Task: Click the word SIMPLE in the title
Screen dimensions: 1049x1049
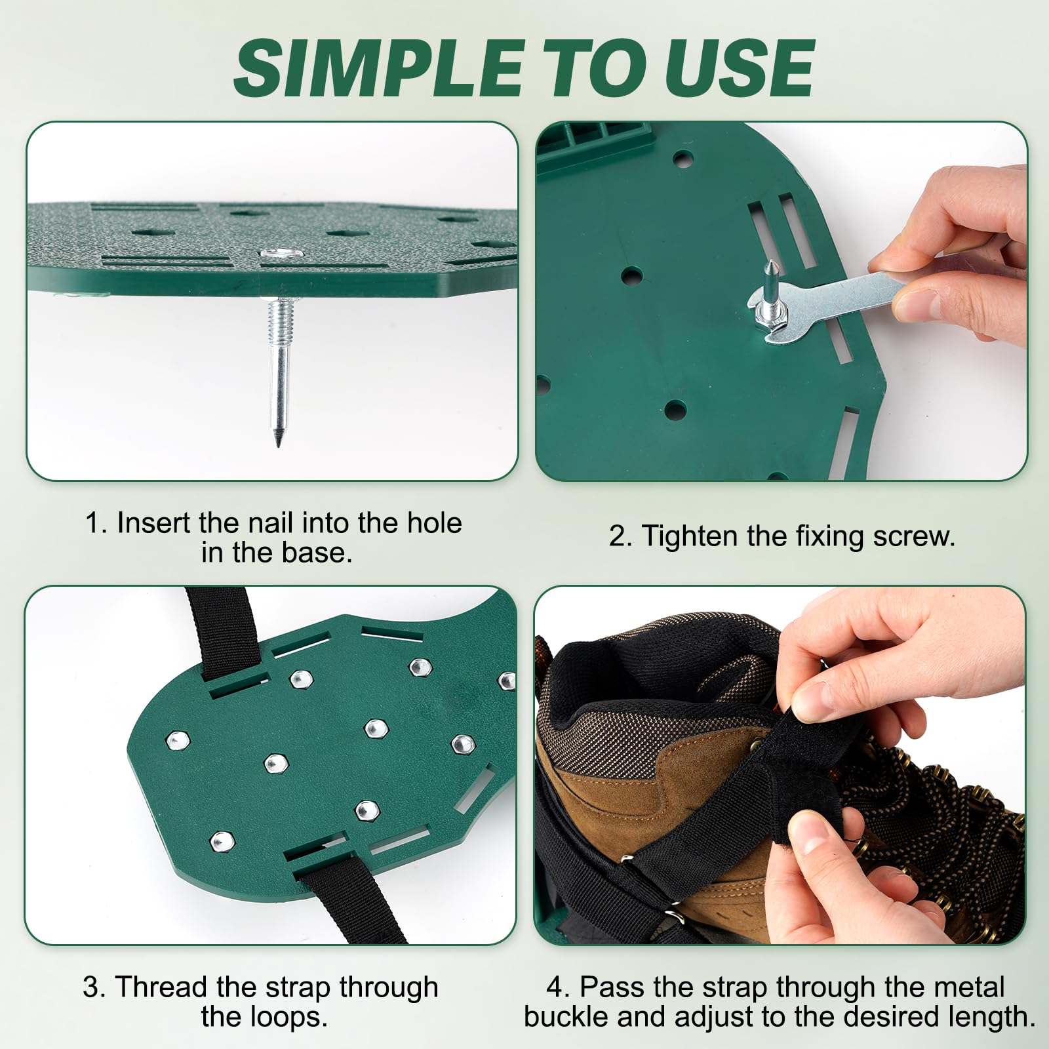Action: tap(379, 68)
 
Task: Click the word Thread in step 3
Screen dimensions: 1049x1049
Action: tap(161, 987)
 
